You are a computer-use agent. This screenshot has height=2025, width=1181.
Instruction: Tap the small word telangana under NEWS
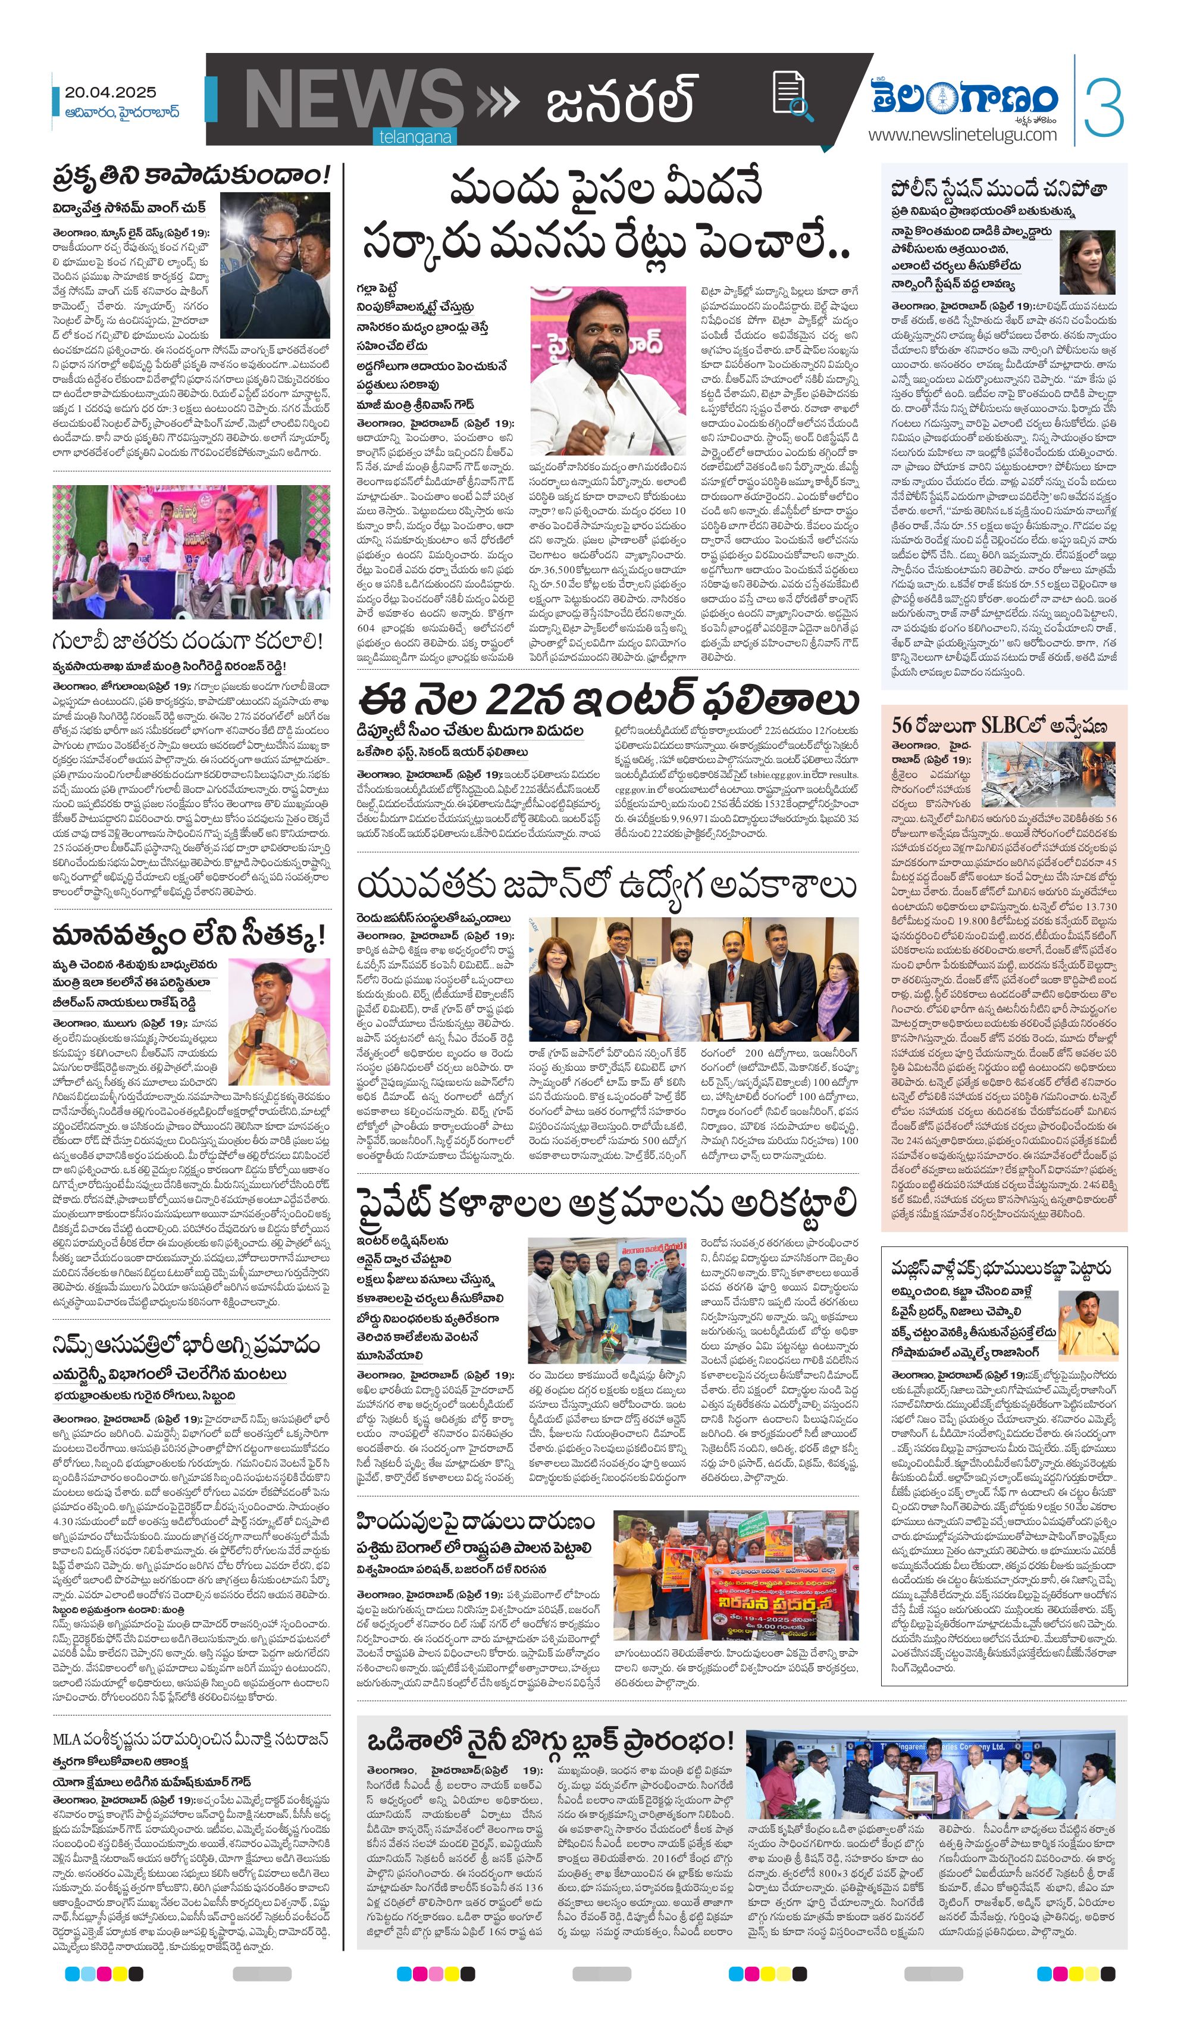[x=415, y=137]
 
